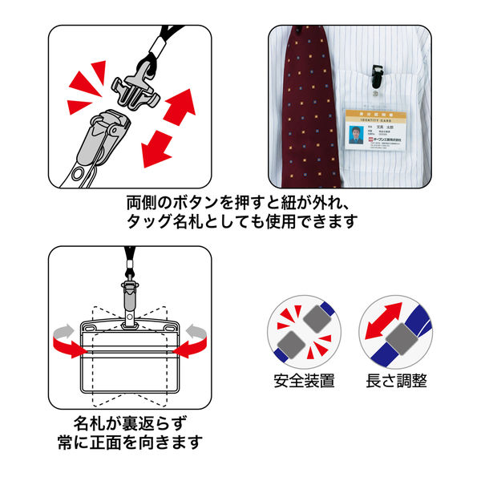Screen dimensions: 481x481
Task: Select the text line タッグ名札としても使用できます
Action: tap(240, 221)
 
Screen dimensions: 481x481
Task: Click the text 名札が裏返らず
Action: tap(128, 422)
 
